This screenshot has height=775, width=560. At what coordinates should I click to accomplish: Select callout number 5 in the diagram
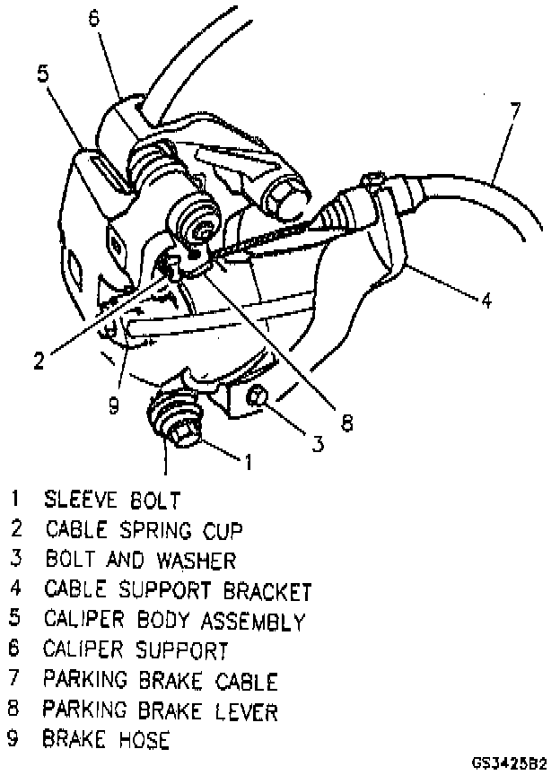click(x=42, y=74)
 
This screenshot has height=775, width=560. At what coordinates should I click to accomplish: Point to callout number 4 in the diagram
click(x=486, y=301)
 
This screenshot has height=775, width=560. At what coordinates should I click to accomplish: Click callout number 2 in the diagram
click(x=39, y=361)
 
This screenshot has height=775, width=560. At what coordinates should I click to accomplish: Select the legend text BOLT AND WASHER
click(x=141, y=560)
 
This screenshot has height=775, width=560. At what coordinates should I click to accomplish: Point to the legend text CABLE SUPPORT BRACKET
click(x=178, y=590)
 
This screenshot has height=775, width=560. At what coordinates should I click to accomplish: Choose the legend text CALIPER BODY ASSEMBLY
click(x=174, y=620)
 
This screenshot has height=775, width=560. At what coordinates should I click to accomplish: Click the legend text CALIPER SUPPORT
click(x=135, y=649)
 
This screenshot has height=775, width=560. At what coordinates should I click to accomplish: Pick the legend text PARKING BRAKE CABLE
click(x=161, y=681)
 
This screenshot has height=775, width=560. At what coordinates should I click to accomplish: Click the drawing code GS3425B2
click(x=509, y=764)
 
